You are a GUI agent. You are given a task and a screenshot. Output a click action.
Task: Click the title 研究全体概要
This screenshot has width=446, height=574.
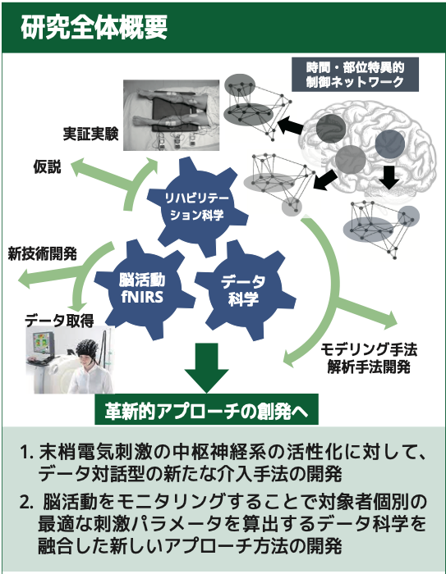click(94, 27)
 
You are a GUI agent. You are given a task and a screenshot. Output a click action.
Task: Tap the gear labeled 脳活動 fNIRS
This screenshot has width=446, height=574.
click(142, 289)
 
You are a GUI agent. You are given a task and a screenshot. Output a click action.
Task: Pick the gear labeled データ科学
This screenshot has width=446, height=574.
click(244, 290)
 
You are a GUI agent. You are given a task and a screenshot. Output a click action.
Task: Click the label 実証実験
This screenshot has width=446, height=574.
click(90, 134)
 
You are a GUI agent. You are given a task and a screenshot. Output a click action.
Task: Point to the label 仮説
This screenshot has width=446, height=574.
click(47, 167)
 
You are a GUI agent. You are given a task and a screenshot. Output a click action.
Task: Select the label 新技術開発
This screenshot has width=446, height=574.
click(42, 253)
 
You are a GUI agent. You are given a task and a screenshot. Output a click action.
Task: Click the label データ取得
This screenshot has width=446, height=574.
click(59, 321)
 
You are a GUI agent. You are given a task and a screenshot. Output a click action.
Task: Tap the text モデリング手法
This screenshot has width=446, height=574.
click(369, 350)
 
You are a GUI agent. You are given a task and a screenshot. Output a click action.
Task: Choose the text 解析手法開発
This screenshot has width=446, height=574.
click(369, 367)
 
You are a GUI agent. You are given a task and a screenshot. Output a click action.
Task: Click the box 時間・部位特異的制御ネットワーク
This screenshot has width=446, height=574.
click(355, 75)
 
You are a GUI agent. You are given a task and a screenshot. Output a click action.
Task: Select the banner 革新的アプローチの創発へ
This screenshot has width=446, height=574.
click(206, 410)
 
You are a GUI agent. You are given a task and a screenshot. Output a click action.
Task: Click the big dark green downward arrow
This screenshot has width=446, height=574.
click(206, 367)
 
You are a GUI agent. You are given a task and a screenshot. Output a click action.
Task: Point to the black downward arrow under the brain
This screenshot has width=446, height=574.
click(389, 177)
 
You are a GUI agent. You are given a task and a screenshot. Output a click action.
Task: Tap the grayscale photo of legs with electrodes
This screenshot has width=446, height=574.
click(171, 116)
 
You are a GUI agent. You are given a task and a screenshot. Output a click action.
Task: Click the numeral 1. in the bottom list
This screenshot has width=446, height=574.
click(27, 453)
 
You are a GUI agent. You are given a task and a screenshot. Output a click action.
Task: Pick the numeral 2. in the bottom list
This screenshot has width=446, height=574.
click(27, 502)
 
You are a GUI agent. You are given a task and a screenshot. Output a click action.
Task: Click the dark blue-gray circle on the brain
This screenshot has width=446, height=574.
click(390, 144)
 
